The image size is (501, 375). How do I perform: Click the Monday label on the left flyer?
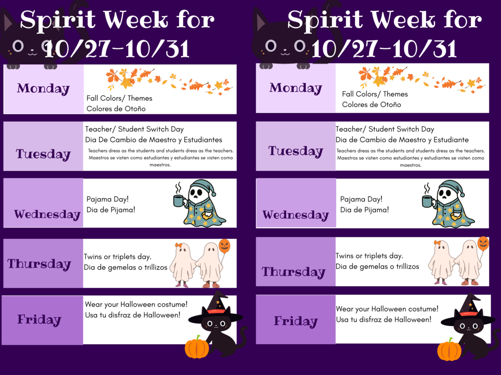[x=43, y=88]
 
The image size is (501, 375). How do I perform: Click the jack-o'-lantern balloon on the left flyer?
[x=225, y=245]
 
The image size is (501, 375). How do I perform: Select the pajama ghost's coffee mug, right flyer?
[x=427, y=201]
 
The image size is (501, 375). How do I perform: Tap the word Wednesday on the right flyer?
[x=296, y=215]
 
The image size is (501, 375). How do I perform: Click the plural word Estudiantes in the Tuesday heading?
[x=203, y=140]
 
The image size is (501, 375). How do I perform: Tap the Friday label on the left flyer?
[x=39, y=320]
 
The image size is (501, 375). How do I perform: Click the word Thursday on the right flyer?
[x=293, y=272]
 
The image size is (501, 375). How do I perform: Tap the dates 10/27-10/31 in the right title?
[x=384, y=49]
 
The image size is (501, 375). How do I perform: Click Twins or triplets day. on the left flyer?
[x=117, y=257]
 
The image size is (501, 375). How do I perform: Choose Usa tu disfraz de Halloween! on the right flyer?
[x=384, y=319]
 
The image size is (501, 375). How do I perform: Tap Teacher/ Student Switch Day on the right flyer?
[x=385, y=129]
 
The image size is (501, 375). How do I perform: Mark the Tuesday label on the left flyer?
[x=43, y=154]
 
